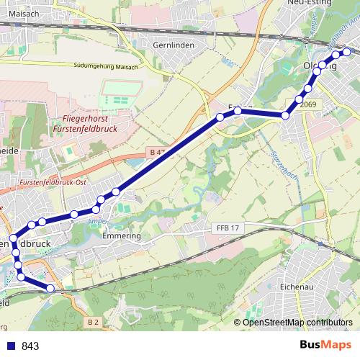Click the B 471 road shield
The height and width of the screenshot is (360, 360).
pos(158,153)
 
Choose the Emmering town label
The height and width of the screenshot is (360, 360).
pos(121,236)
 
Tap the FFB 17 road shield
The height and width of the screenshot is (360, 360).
pos(227,228)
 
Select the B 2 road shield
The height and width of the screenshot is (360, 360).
pos(93,322)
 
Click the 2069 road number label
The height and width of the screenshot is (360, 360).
pos(309,104)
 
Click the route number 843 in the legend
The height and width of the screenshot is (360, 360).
pos(31,346)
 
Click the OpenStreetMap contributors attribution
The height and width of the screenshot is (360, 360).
pos(297,322)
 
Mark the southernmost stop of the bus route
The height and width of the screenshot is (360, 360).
pos(50,289)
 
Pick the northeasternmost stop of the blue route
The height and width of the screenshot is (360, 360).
pos(348,51)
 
